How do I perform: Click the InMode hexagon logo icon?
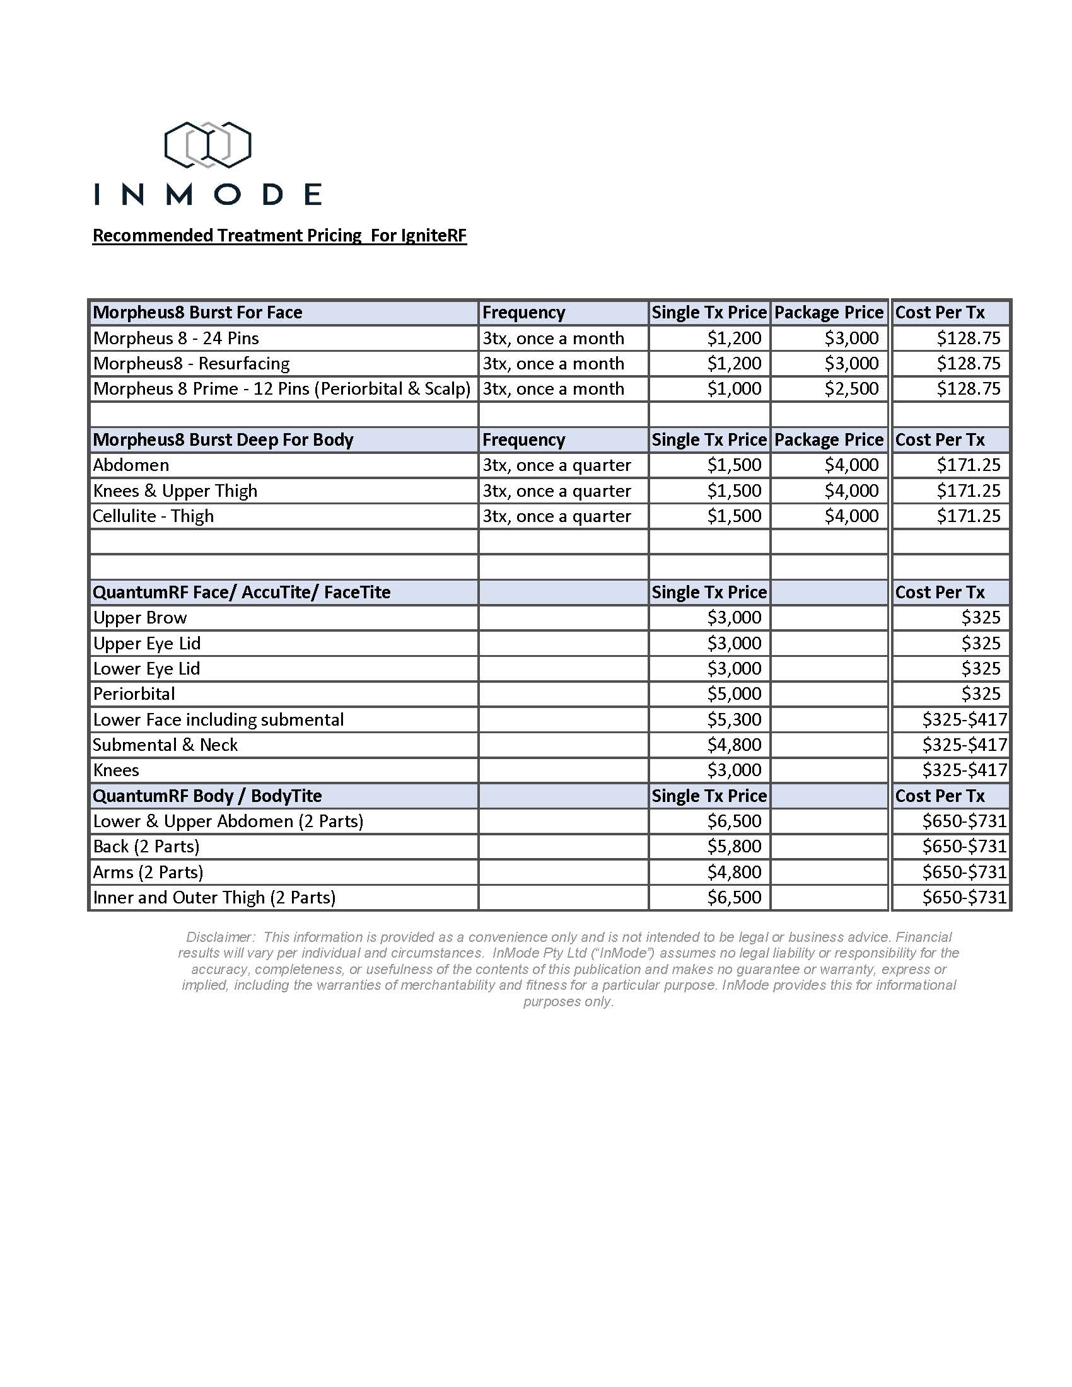(x=207, y=145)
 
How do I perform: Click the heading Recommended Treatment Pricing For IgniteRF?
(x=279, y=236)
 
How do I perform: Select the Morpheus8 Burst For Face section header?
(x=197, y=313)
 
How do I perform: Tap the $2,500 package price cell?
(x=851, y=388)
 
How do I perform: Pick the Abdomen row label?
(x=131, y=465)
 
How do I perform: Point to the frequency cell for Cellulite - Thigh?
(x=556, y=516)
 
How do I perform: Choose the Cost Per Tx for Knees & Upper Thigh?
(x=968, y=491)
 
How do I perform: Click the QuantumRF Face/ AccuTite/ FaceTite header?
(x=242, y=593)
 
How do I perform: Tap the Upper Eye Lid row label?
(x=147, y=643)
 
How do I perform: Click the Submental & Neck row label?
(x=165, y=745)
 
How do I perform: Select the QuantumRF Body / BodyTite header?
(x=207, y=796)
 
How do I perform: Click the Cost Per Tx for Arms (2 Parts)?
(x=964, y=872)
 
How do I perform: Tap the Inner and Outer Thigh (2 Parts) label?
(x=214, y=897)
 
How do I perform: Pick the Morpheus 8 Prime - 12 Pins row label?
(x=282, y=388)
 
